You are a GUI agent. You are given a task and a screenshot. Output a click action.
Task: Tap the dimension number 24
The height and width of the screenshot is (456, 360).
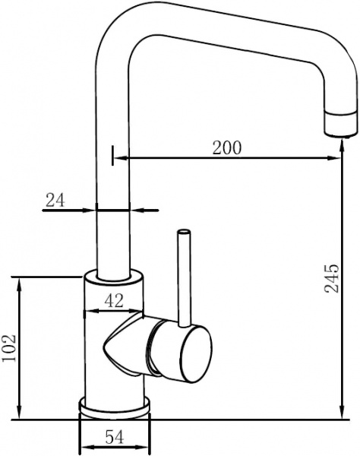pyautogui.click(x=55, y=200)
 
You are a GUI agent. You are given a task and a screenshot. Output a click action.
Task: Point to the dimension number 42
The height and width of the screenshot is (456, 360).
pyautogui.click(x=113, y=301)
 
